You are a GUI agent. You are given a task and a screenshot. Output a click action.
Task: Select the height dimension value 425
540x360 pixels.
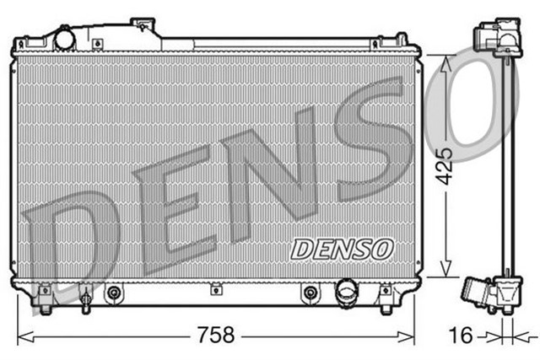(x=449, y=165)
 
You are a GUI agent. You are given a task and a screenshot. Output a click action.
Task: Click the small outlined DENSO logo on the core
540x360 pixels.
(x=342, y=248)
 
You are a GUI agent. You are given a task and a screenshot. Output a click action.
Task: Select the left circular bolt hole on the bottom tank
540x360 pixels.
(x=114, y=293)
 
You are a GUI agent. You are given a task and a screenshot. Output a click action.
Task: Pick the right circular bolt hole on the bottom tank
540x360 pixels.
(x=310, y=293)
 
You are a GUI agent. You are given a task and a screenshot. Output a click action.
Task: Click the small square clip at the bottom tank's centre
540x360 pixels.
(x=216, y=291)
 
